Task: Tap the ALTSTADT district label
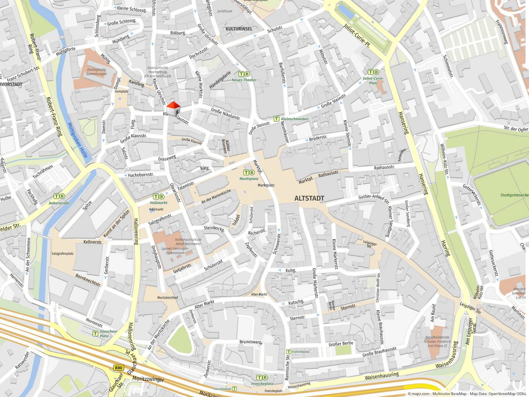(x=309, y=198)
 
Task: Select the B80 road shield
(x=118, y=368)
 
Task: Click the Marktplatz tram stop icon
(x=249, y=172)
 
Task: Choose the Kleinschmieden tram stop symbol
(x=276, y=119)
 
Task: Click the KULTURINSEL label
(x=239, y=29)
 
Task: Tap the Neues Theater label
(x=244, y=80)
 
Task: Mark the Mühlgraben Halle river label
(x=78, y=140)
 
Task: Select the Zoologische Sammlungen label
(x=97, y=72)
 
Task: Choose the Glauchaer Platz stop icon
(x=95, y=333)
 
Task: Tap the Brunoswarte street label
(x=251, y=342)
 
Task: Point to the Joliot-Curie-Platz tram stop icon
(x=373, y=72)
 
